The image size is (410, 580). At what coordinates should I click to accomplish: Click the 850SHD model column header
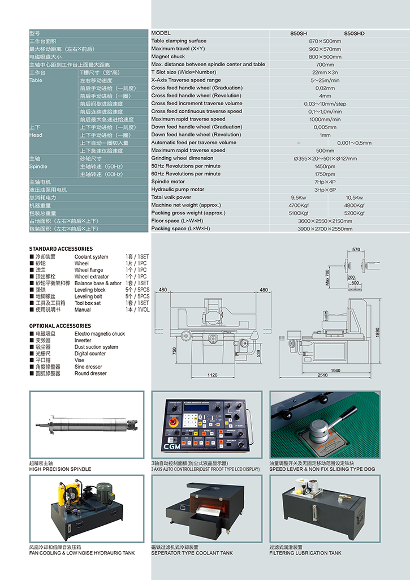click(x=354, y=33)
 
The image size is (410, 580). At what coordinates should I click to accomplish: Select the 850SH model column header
click(x=299, y=33)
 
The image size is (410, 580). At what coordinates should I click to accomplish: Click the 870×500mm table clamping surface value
click(x=325, y=41)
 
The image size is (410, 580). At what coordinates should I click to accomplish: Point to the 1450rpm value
click(x=325, y=166)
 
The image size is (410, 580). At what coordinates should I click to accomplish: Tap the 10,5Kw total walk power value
click(x=354, y=197)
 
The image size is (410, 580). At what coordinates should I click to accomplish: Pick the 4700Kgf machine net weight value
click(x=298, y=205)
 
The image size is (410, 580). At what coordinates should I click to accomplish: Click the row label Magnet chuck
click(x=168, y=57)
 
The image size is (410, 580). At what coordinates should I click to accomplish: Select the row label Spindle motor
click(x=170, y=182)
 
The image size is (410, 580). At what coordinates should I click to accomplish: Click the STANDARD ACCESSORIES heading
click(x=61, y=249)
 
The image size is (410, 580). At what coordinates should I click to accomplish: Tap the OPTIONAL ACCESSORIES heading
click(x=60, y=326)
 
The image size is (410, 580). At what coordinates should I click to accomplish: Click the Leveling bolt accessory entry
click(x=88, y=297)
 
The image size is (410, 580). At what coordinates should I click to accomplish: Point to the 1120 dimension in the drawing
click(x=213, y=375)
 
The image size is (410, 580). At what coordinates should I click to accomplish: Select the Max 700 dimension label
click(x=327, y=277)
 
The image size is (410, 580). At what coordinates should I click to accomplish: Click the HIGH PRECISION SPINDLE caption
click(x=60, y=469)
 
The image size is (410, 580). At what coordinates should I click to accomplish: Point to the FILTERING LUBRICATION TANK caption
click(x=305, y=553)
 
